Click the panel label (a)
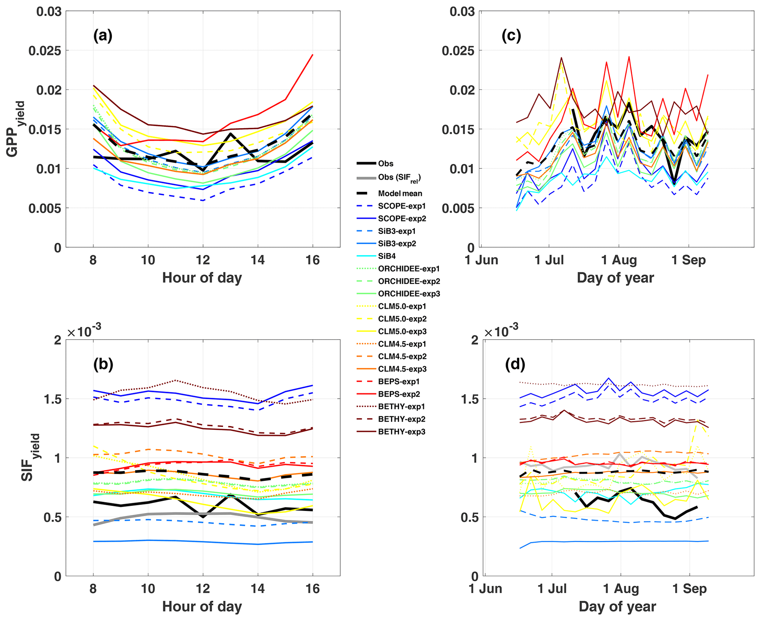[103, 36]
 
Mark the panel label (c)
[511, 36]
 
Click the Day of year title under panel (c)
[615, 278]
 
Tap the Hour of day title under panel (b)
[202, 606]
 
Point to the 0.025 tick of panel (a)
[45, 50]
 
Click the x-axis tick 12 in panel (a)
[202, 260]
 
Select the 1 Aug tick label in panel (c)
[619, 260]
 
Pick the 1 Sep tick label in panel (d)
[689, 589]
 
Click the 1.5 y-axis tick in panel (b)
[53, 399]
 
